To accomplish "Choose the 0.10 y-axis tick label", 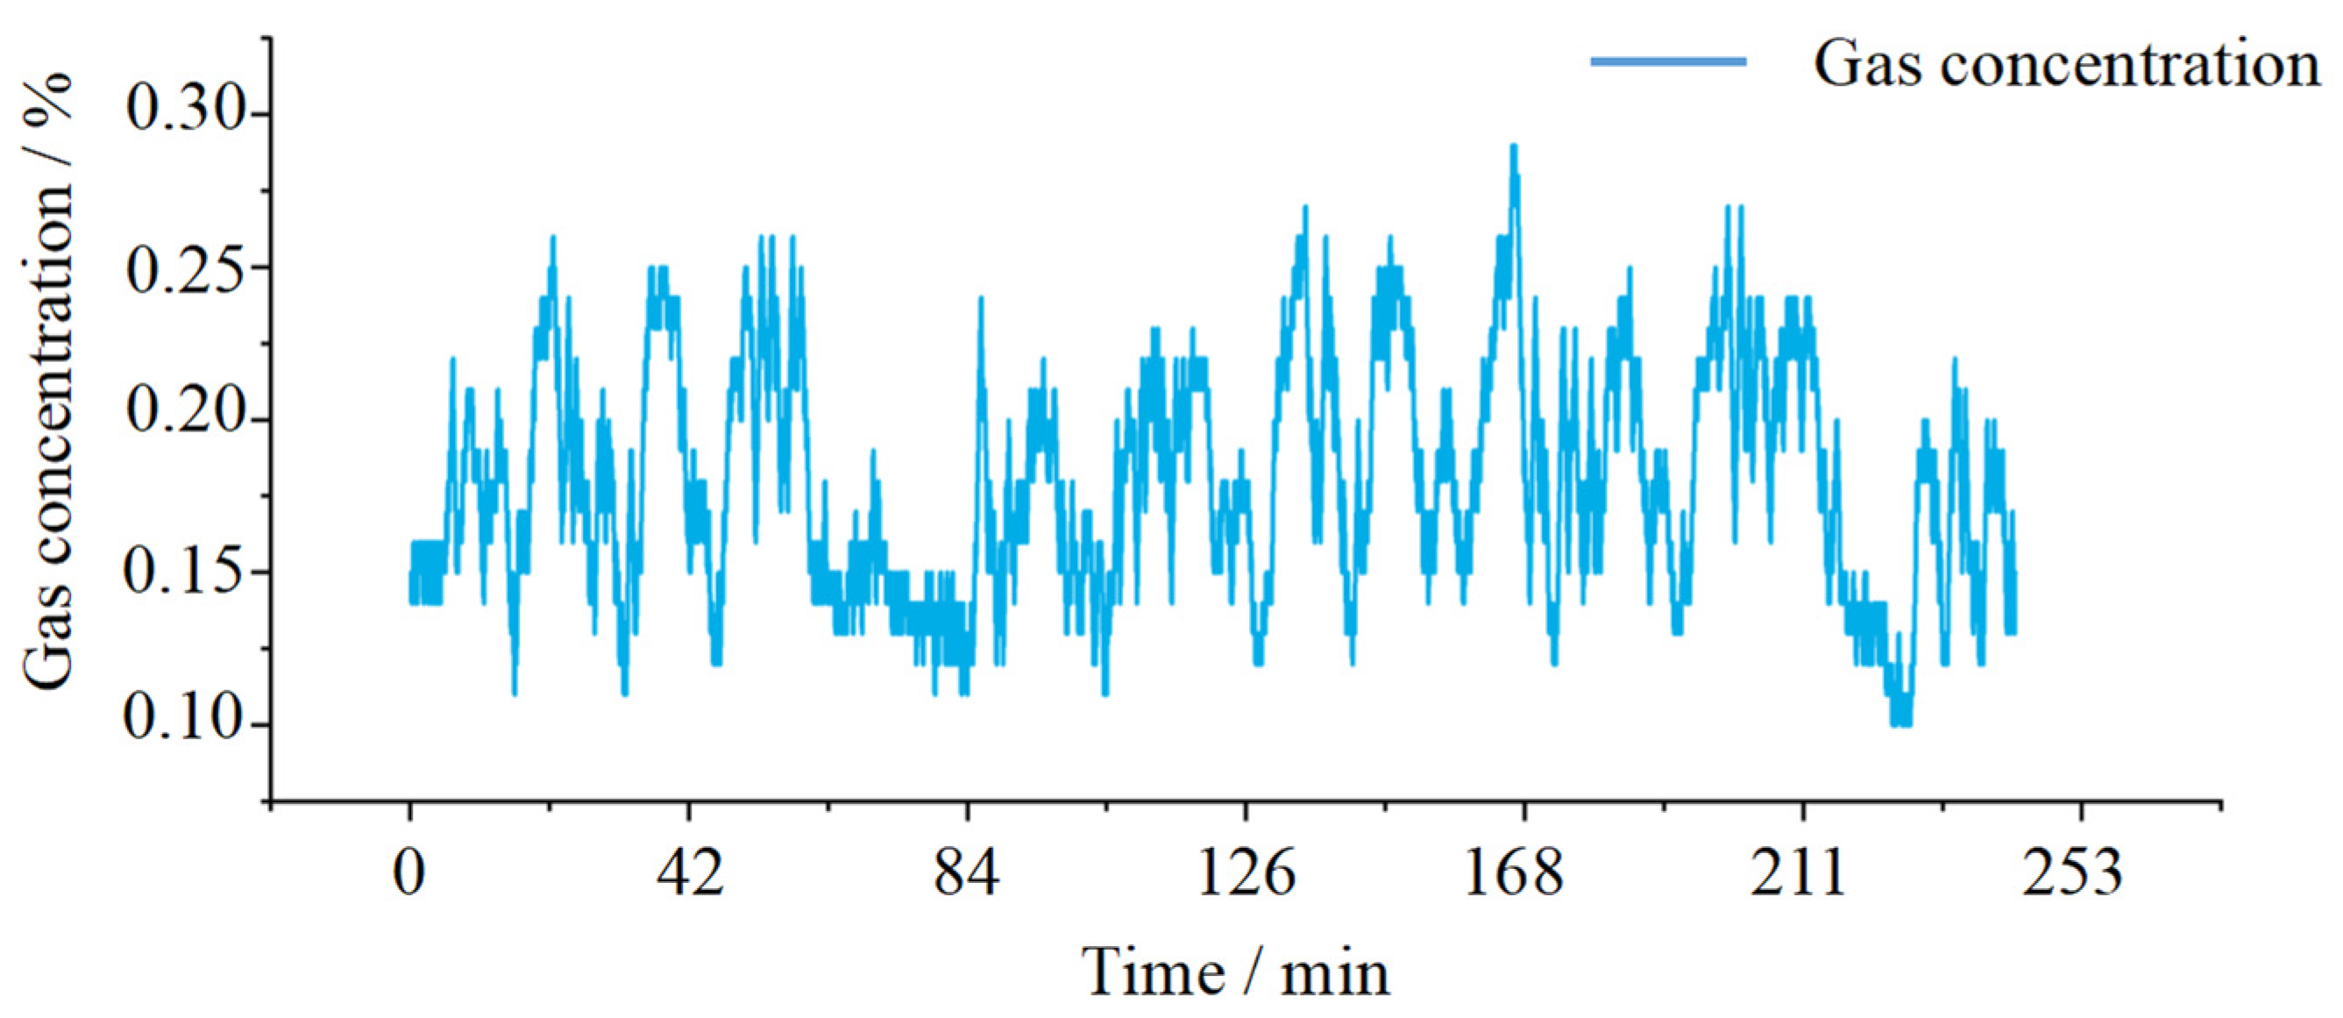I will (x=188, y=725).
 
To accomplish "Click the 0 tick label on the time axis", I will (x=410, y=873).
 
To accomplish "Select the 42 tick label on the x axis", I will (x=690, y=873).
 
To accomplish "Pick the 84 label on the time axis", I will (x=967, y=873).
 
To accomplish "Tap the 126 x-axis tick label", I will (x=1245, y=873).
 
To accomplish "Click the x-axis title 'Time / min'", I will (x=1235, y=973).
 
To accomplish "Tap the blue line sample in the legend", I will (x=1668, y=62).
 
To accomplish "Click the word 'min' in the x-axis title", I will (x=1335, y=975).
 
